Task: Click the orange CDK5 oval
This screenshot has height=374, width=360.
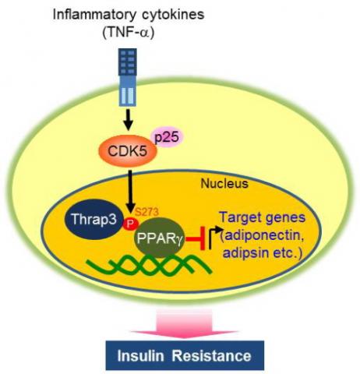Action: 127,151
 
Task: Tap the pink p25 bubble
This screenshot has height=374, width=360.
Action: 170,138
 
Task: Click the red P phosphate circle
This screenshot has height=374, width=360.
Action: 130,223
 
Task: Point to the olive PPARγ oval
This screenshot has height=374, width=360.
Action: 159,238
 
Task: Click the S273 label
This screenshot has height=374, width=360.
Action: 146,212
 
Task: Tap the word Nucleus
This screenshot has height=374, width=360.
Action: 224,183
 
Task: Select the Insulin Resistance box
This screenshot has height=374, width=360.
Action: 185,355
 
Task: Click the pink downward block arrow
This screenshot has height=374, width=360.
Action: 185,324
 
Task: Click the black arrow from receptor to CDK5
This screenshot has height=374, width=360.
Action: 128,120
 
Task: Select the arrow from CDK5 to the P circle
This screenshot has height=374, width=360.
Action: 131,192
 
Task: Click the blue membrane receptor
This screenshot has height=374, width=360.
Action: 128,77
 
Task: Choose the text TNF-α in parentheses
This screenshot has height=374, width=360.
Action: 129,34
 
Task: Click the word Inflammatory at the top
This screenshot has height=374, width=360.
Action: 94,15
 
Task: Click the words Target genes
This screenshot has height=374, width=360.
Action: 263,217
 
